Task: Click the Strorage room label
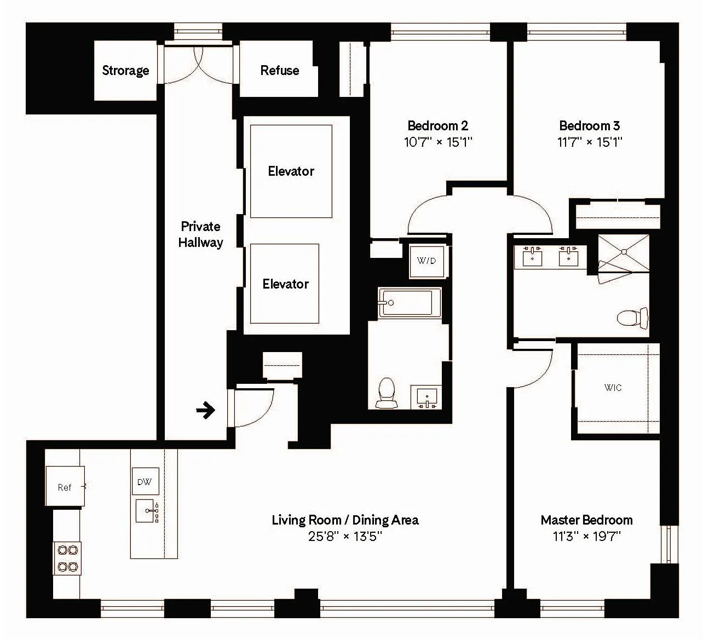coord(125,71)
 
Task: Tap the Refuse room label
coord(279,71)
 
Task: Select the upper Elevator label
coord(291,171)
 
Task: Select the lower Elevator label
coord(285,284)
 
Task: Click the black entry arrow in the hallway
coord(206,410)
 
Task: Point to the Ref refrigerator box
coord(65,486)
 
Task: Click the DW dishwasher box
coord(145,481)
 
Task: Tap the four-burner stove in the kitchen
coord(67,559)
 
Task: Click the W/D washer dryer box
coord(427,261)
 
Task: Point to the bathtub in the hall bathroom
coord(408,302)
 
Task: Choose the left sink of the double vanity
coord(532,256)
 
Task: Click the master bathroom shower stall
coord(624,252)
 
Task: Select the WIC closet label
coord(613,388)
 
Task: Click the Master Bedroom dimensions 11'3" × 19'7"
coord(586,536)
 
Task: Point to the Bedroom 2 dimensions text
coord(438,142)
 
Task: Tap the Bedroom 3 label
coord(589,125)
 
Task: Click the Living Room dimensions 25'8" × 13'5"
coord(345,536)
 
